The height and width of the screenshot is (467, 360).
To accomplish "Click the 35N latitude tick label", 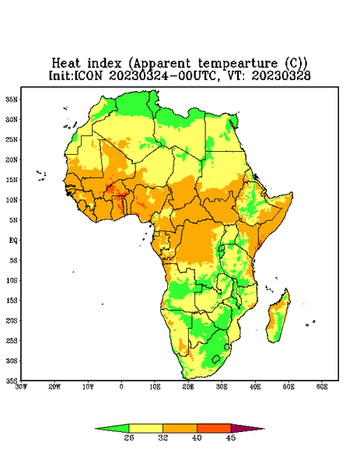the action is [12, 99].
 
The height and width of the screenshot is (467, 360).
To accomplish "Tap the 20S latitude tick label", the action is [12, 321].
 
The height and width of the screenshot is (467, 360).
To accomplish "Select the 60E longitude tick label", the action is [322, 387].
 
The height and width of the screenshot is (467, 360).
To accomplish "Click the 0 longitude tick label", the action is [121, 387].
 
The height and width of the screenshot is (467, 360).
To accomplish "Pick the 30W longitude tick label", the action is [21, 387].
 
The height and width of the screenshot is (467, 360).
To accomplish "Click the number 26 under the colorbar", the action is [129, 437].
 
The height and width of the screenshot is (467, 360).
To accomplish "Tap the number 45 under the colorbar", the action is [231, 437].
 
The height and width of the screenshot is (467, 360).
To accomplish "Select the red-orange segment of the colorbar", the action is [214, 428].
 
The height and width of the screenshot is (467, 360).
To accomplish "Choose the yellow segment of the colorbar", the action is [145, 428].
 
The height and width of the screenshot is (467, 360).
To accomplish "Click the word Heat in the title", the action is [66, 63].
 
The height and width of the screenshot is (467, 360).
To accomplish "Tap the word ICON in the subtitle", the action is [88, 75].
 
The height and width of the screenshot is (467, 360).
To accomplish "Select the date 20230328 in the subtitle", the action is [281, 75].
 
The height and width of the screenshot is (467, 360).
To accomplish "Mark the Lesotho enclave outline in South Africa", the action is [216, 359].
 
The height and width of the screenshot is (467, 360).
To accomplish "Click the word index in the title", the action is [104, 63].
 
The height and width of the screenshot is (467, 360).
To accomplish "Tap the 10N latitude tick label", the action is [12, 200].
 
